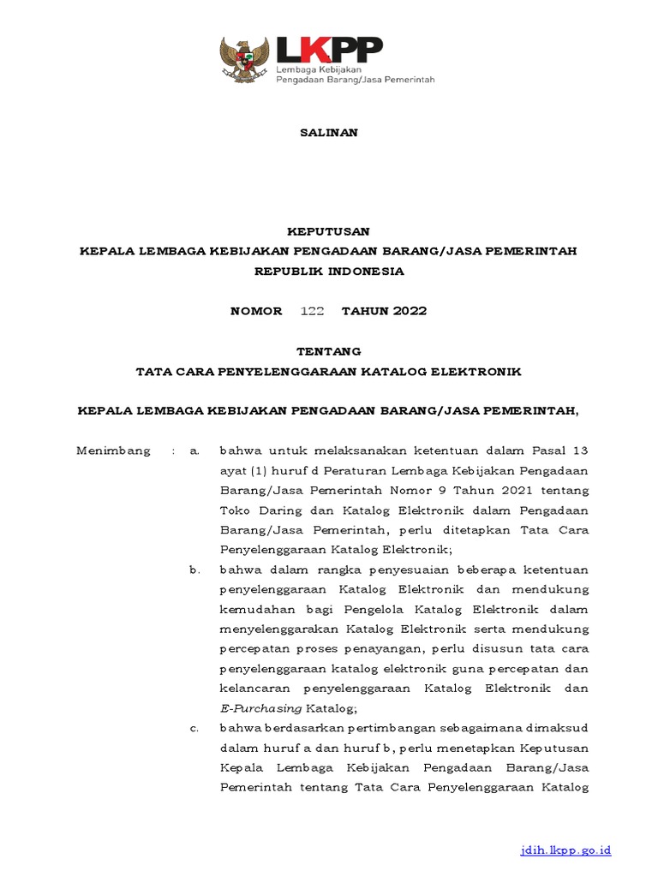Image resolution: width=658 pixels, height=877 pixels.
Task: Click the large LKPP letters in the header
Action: click(x=327, y=50)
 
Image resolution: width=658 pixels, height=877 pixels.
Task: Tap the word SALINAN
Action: click(x=328, y=133)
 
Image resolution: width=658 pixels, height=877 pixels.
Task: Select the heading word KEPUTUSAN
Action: click(x=328, y=231)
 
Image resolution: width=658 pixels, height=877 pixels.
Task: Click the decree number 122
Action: click(x=312, y=311)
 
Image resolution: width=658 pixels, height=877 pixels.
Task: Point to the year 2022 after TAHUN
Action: click(x=410, y=311)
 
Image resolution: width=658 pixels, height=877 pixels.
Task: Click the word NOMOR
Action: click(x=256, y=311)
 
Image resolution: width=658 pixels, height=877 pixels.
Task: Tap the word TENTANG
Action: click(x=328, y=351)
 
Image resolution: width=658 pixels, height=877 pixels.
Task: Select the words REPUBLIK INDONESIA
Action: click(x=328, y=271)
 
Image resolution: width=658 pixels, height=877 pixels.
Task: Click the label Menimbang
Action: click(x=113, y=450)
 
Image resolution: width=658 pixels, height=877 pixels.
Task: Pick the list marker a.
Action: click(x=194, y=450)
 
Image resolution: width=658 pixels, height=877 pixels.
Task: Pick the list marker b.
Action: click(x=194, y=570)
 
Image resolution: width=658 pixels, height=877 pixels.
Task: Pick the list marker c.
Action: click(x=194, y=728)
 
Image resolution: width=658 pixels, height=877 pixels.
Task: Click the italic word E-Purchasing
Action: click(x=260, y=708)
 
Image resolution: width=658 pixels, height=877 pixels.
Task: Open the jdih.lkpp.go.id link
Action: click(x=565, y=850)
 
